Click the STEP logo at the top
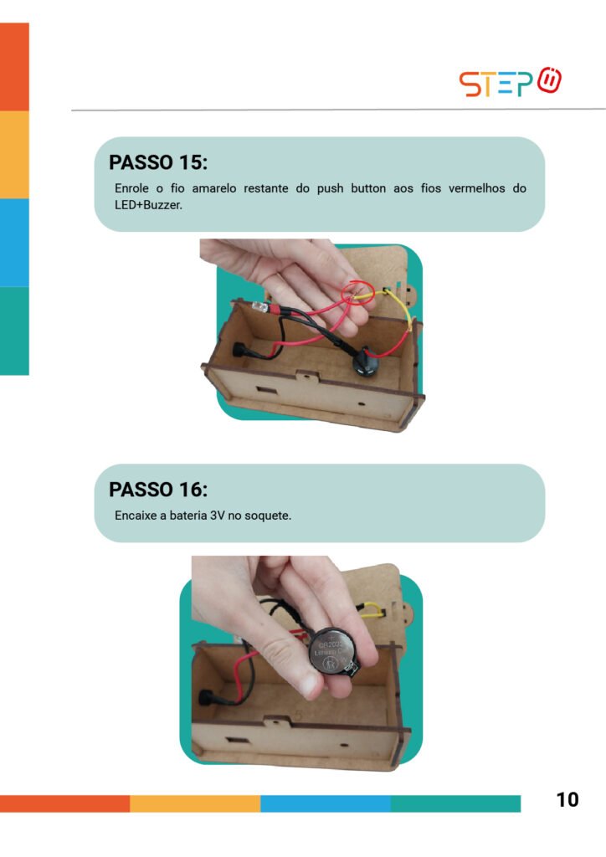[510, 83]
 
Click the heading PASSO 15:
[158, 162]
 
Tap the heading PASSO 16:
[158, 489]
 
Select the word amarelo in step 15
[214, 188]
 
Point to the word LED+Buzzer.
[148, 206]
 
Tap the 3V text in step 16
[218, 516]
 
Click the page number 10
[567, 799]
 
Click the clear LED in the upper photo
[260, 307]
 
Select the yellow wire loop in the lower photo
[372, 609]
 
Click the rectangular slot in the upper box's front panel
[266, 392]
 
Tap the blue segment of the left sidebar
[14, 243]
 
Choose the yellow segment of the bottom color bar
[195, 803]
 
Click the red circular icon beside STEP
[549, 80]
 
